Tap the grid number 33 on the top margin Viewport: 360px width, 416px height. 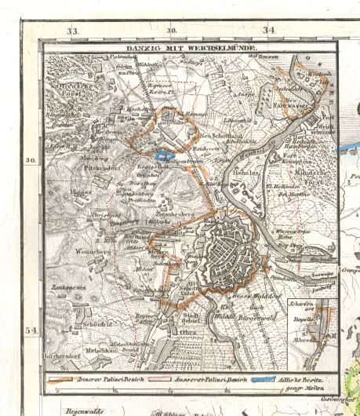74,31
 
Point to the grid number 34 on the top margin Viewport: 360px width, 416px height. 269,31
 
